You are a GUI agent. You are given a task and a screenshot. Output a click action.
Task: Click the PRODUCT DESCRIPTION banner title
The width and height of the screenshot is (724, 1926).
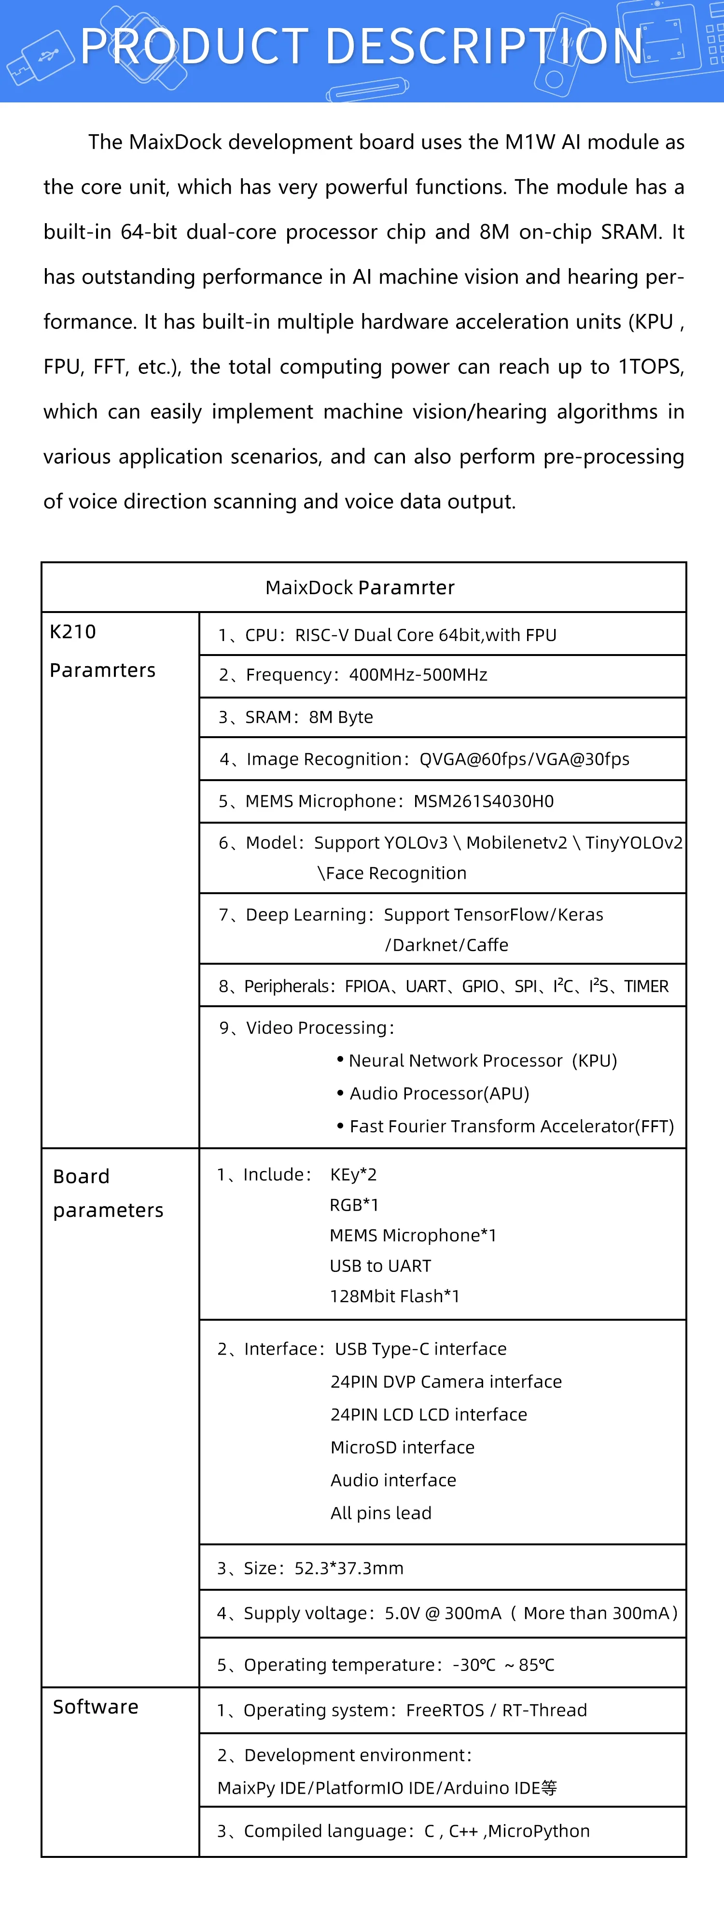tap(362, 46)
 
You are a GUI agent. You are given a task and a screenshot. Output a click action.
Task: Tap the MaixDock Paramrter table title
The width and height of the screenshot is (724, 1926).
tap(360, 588)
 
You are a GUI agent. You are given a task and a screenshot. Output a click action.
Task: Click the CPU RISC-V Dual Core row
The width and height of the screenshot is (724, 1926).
tap(387, 635)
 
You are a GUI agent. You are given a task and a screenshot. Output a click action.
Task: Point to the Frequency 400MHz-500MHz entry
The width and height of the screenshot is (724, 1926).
tap(353, 675)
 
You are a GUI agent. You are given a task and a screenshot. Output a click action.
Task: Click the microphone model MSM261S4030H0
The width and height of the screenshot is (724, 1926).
tap(484, 801)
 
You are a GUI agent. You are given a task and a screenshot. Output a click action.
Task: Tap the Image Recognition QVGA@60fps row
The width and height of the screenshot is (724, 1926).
tap(424, 759)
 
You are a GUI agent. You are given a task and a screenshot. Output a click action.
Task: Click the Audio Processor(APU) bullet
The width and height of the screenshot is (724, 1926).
tap(439, 1093)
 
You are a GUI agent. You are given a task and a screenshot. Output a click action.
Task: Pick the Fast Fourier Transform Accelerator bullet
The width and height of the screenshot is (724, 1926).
tap(511, 1126)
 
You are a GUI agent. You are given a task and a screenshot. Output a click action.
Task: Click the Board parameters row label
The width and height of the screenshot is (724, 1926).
tap(108, 1193)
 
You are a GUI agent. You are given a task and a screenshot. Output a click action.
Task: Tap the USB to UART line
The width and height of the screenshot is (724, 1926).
tap(380, 1266)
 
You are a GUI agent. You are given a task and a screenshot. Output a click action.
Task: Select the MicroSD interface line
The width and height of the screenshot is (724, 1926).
tap(402, 1447)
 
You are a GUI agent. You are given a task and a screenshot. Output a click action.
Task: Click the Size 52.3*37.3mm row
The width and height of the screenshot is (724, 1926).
tap(310, 1568)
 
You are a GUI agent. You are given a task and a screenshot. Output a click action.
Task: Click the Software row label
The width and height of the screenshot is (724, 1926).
tap(96, 1707)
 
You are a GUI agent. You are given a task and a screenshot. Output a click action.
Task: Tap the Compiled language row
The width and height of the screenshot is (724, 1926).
tap(404, 1831)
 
